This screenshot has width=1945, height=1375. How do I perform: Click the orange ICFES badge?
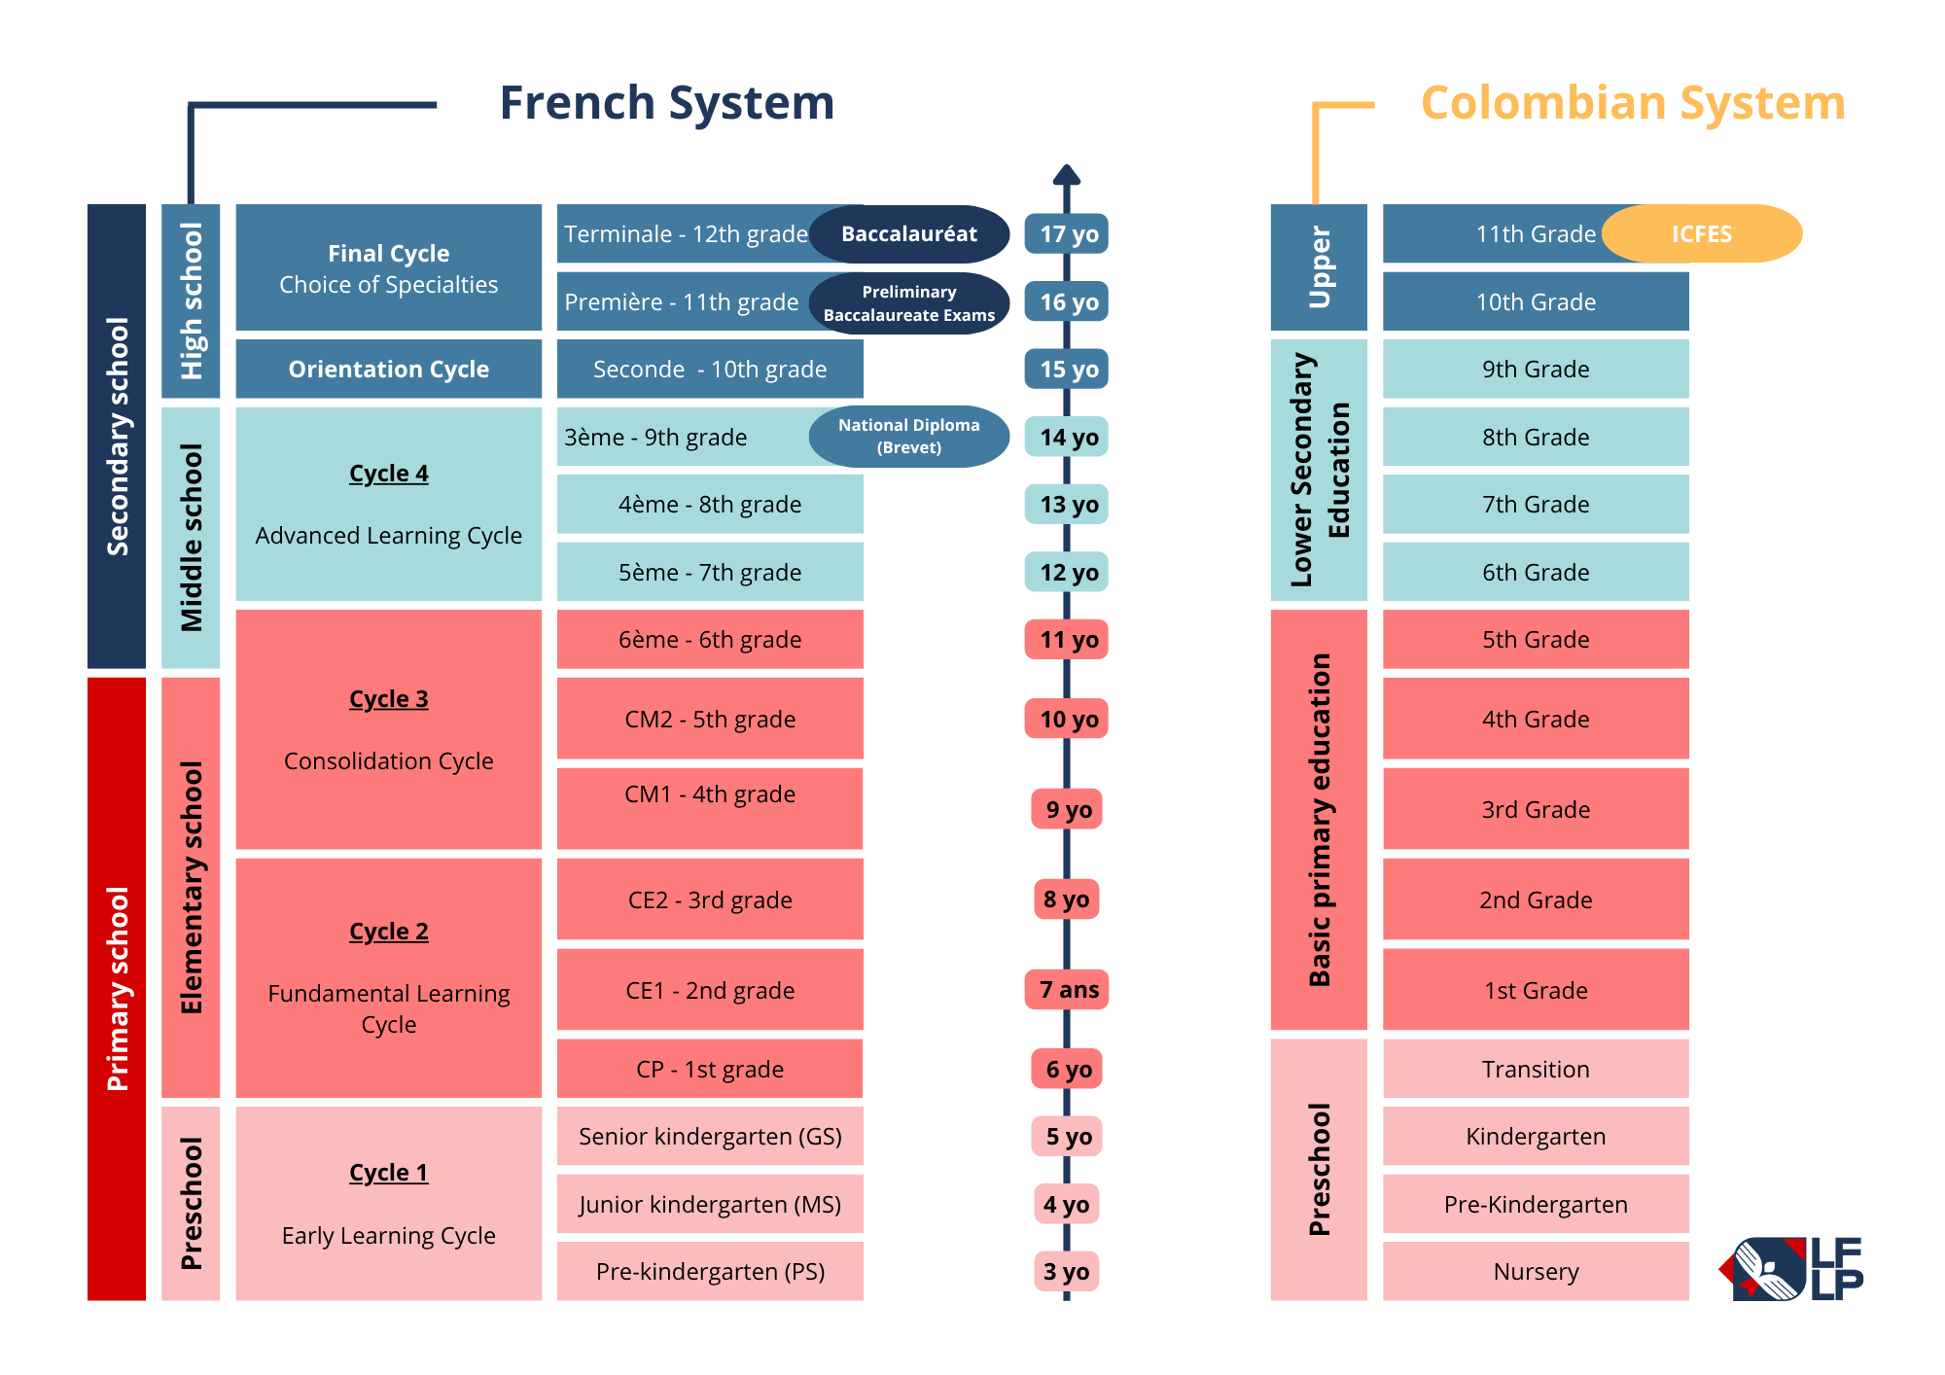coord(1702,233)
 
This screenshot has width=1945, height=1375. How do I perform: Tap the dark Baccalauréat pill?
coord(909,233)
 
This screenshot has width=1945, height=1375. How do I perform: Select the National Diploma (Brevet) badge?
coord(909,437)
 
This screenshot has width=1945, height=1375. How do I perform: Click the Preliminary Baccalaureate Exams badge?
coord(909,303)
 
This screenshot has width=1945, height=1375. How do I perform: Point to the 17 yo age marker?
coord(1067,233)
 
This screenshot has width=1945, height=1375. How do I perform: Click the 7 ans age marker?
coord(1067,990)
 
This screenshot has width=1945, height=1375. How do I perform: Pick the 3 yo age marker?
coord(1066,1271)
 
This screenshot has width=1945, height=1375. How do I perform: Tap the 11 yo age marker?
coord(1067,640)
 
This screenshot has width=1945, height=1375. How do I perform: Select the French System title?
coord(667,103)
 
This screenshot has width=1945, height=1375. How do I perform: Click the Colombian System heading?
coord(1633,103)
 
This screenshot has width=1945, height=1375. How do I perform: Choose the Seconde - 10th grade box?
coord(710,369)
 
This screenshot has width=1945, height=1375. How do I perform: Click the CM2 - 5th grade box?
coord(710,719)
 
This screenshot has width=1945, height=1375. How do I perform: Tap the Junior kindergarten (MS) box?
coord(710,1204)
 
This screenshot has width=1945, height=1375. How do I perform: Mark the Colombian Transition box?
coord(1536,1069)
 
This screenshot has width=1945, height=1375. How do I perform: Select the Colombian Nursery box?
coord(1536,1271)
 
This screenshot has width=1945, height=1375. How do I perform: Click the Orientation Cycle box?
coord(389,369)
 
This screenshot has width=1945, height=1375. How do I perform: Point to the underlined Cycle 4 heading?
coord(389,474)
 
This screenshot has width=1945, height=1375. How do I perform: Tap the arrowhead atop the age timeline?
coord(1067,174)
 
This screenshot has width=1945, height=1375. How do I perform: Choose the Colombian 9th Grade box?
coord(1536,369)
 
